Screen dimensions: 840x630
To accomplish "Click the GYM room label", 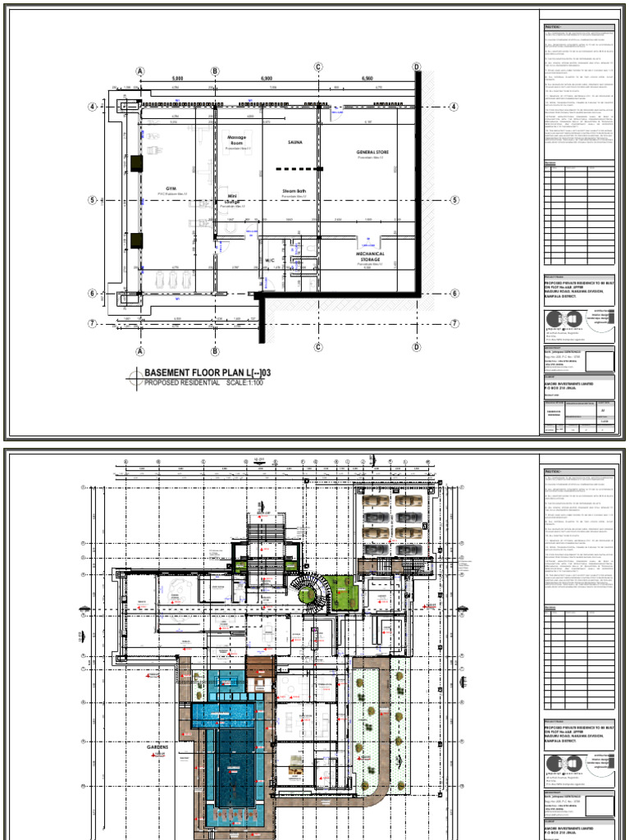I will [171, 188].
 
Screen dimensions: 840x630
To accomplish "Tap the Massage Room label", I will [236, 140].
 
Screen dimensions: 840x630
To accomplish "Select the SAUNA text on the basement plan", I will [295, 142].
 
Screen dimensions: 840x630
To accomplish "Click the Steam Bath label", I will [293, 190].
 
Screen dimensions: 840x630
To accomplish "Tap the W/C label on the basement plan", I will [268, 260].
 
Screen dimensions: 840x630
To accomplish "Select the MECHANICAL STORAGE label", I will [371, 257].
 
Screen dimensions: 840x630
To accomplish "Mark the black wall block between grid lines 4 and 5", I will [136, 164].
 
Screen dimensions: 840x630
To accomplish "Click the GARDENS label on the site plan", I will [158, 748].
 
